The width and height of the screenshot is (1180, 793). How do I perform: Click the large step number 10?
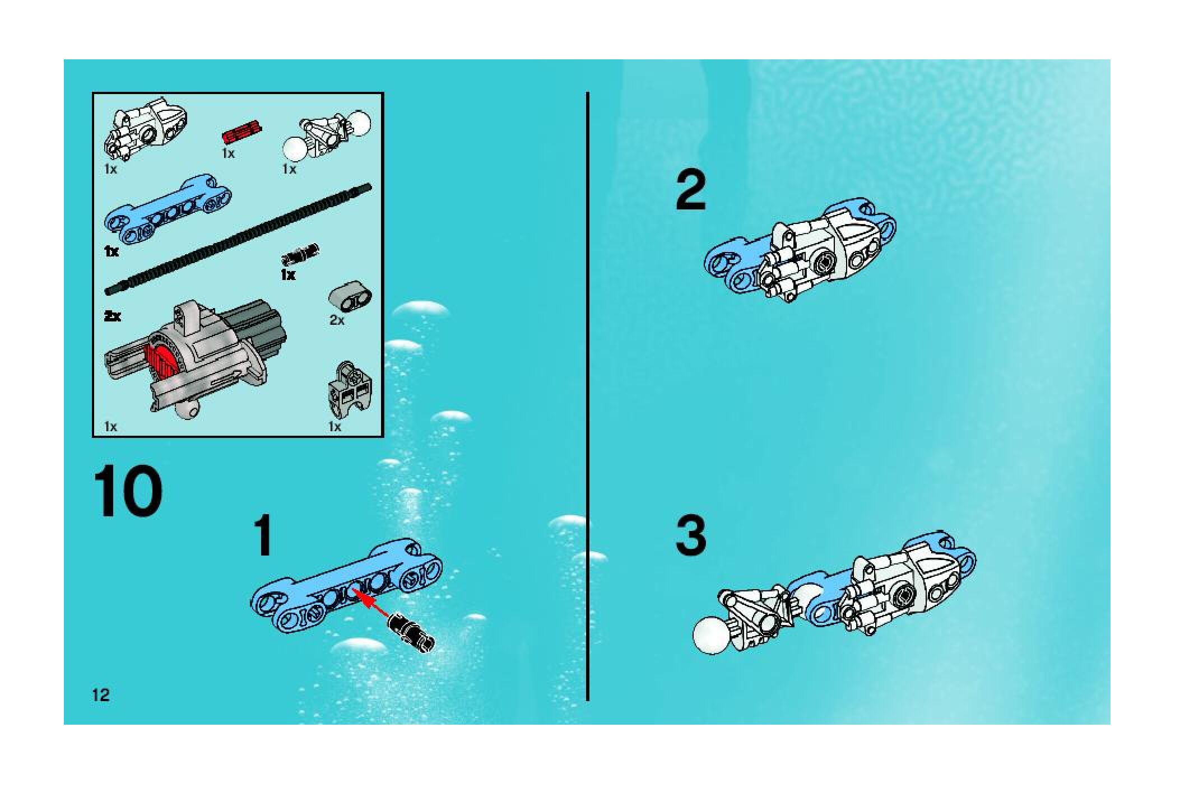(x=128, y=492)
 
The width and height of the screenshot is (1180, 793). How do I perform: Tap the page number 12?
(x=101, y=696)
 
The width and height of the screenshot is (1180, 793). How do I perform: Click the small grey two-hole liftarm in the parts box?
(x=350, y=294)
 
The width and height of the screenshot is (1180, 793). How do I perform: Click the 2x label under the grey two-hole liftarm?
(x=337, y=320)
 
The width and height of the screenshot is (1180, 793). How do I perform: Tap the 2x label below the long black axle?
(x=112, y=316)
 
